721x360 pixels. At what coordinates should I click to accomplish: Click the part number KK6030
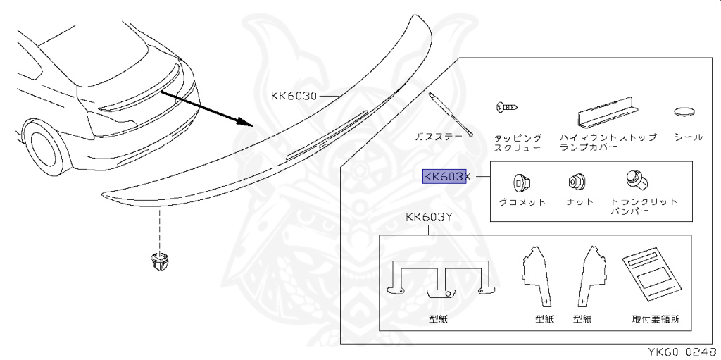pos(295,95)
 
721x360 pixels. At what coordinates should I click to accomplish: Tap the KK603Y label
pos(429,218)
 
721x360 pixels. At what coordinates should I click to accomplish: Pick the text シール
pos(688,137)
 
